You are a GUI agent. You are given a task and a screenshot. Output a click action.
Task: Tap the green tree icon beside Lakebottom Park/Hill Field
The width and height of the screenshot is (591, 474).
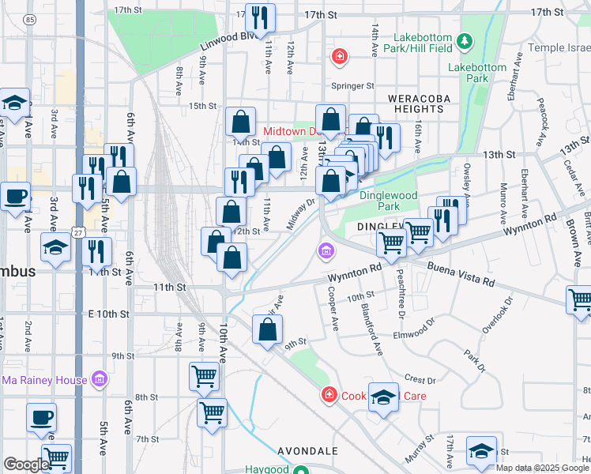pos(466,39)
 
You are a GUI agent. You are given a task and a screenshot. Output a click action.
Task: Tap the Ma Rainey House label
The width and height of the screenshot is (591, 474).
pos(44,380)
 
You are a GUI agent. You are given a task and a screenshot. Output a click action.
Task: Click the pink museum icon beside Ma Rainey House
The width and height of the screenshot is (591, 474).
pos(99,380)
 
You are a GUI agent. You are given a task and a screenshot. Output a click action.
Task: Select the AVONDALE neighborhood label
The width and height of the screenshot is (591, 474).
pos(308,451)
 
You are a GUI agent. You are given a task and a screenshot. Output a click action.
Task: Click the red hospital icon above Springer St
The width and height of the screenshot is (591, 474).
pos(340,56)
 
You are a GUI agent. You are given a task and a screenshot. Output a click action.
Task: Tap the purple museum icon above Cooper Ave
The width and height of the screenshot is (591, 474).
pos(325,252)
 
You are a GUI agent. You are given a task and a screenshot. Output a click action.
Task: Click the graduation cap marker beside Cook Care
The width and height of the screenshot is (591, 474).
pos(384,397)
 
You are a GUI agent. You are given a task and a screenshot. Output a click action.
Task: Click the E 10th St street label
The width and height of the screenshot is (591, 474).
pos(108,314)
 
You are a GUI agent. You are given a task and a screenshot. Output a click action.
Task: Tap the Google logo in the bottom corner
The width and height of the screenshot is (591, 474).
pos(25,464)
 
